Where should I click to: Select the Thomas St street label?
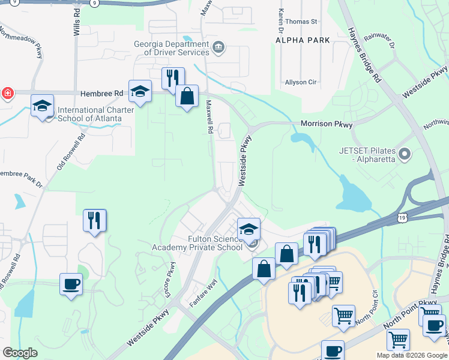[x=301, y=22]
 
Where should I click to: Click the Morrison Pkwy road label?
[x=326, y=124]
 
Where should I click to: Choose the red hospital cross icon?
[x=7, y=94]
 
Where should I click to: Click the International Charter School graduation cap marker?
[x=43, y=106]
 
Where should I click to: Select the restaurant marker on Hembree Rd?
[x=172, y=77]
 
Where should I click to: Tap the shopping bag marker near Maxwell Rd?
[x=187, y=96]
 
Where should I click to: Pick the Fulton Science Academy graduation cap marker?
[x=249, y=229]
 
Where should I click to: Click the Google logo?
[x=20, y=353]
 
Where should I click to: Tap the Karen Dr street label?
[x=280, y=20]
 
